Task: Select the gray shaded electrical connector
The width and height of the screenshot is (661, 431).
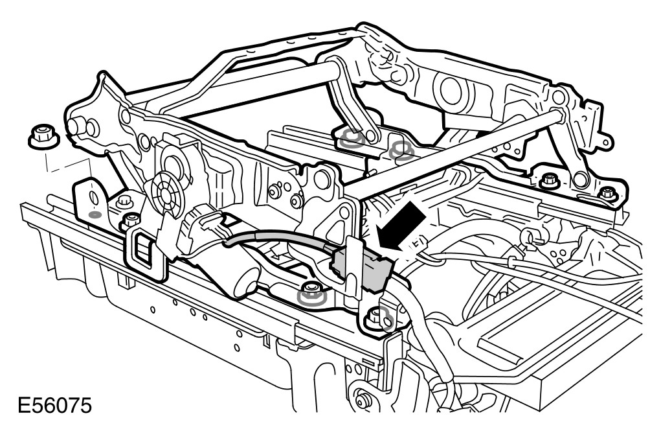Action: pyautogui.click(x=362, y=270)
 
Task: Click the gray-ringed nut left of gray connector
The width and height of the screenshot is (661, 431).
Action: pyautogui.click(x=311, y=293)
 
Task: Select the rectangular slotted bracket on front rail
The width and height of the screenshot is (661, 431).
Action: pyautogui.click(x=146, y=253)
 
